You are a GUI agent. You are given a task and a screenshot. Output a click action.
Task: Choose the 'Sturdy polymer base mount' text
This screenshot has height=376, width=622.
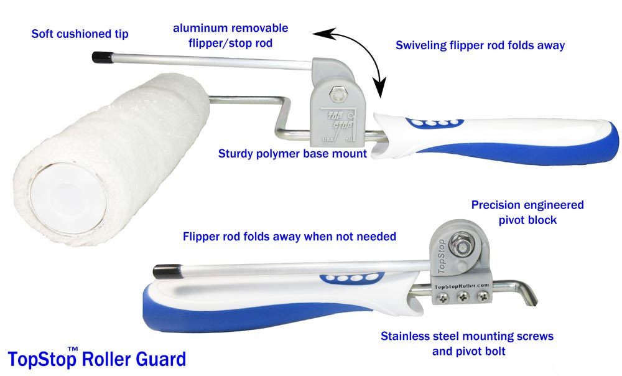292,153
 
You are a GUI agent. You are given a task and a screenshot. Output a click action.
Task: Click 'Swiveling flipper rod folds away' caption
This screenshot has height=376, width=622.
480,45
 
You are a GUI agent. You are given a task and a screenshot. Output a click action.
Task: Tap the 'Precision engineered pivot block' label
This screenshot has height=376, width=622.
527,212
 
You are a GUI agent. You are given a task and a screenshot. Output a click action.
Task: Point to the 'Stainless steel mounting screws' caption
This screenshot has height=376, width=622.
466,337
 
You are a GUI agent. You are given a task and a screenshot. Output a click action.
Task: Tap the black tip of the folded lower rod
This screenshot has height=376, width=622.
163,272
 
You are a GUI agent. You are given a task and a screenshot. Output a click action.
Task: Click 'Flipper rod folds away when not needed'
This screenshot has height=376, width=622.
289,237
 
